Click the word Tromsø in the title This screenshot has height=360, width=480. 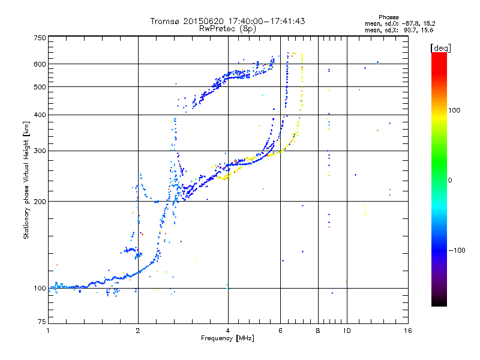(165, 21)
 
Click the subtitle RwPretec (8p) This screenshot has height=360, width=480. (228, 28)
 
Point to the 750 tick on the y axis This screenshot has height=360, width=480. (40, 37)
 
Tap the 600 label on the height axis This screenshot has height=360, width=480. (40, 64)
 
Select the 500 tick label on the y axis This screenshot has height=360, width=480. (40, 87)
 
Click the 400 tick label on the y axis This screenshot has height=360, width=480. (40, 115)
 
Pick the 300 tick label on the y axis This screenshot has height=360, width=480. (40, 151)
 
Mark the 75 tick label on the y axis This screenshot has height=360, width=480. (41, 322)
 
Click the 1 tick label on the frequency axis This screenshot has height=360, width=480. (49, 331)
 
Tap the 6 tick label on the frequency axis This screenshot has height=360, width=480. (280, 331)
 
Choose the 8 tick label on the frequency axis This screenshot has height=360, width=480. (318, 331)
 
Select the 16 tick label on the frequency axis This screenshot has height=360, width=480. (408, 331)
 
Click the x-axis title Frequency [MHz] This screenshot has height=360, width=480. (228, 338)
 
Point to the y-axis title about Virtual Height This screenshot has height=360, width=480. (26, 180)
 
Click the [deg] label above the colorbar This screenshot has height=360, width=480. (441, 47)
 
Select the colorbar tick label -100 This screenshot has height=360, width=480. (456, 250)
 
